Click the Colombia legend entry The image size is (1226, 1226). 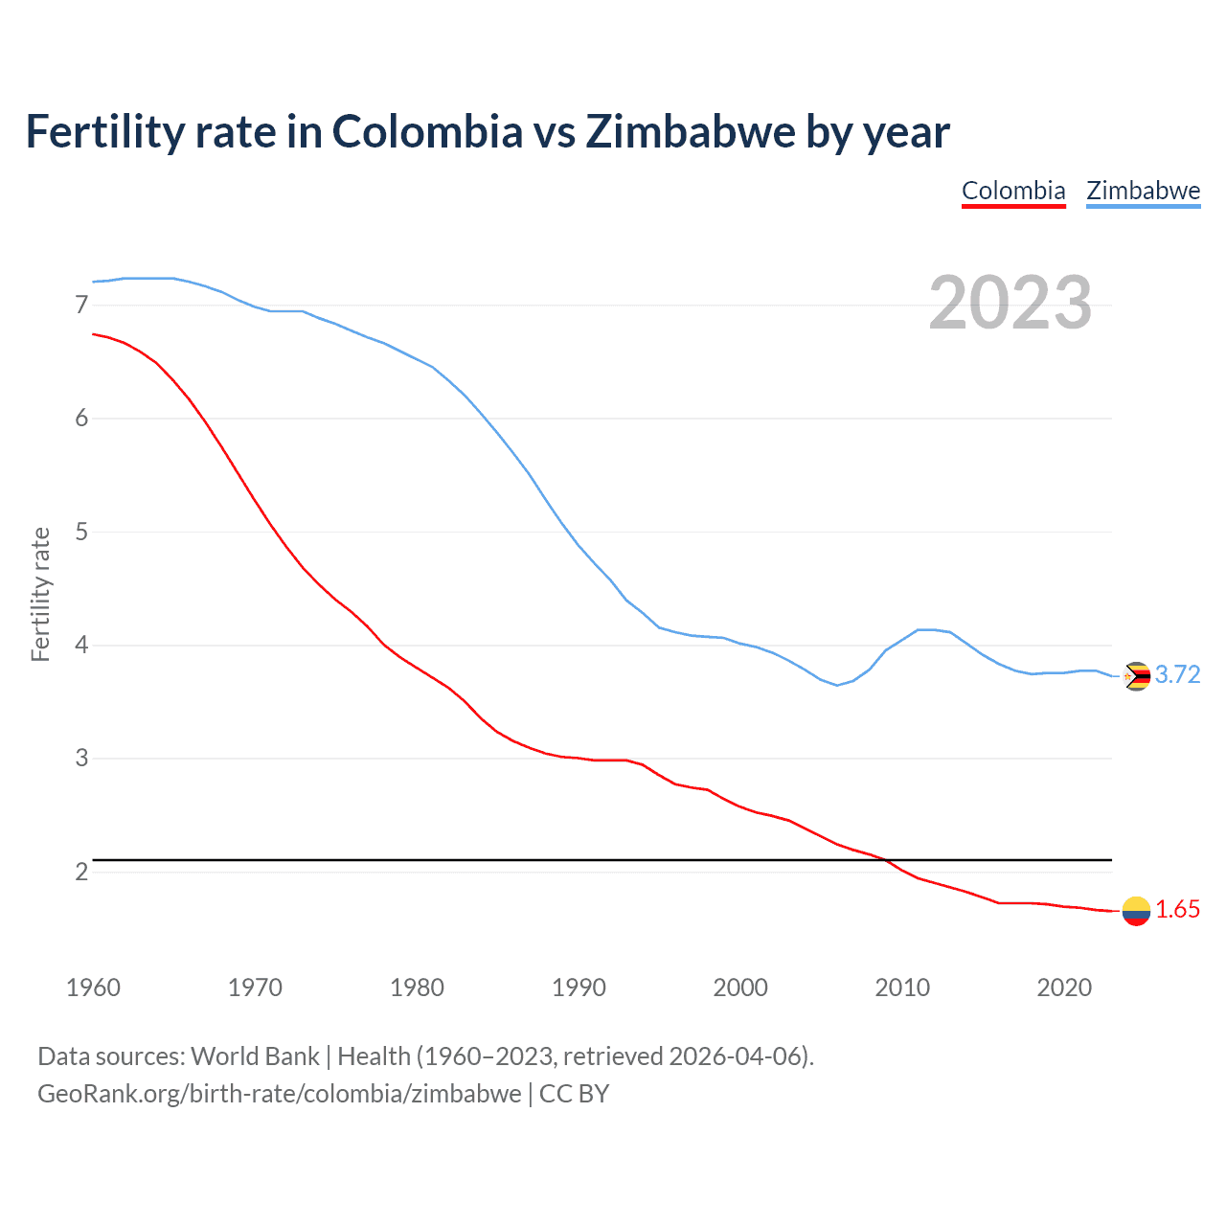click(1013, 191)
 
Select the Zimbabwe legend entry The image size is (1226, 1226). click(1143, 191)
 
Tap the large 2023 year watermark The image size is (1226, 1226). click(1010, 303)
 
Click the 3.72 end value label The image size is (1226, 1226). click(1177, 675)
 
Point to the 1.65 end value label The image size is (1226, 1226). click(1177, 910)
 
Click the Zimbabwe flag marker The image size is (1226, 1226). click(1136, 676)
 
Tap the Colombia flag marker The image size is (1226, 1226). click(1136, 911)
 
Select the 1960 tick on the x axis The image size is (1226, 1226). click(93, 988)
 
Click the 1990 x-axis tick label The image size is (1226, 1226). click(579, 988)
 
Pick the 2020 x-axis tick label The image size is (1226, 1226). click(1064, 988)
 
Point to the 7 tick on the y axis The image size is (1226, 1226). click(81, 306)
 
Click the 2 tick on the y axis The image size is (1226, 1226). click(81, 873)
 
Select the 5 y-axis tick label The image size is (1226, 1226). click(81, 533)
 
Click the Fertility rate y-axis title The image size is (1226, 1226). click(40, 594)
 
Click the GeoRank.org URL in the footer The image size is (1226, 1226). click(279, 1094)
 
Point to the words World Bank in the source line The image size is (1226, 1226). click(255, 1056)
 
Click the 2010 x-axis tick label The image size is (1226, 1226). click(902, 988)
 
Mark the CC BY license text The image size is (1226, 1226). click(574, 1094)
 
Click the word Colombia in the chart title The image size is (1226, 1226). click(427, 131)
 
